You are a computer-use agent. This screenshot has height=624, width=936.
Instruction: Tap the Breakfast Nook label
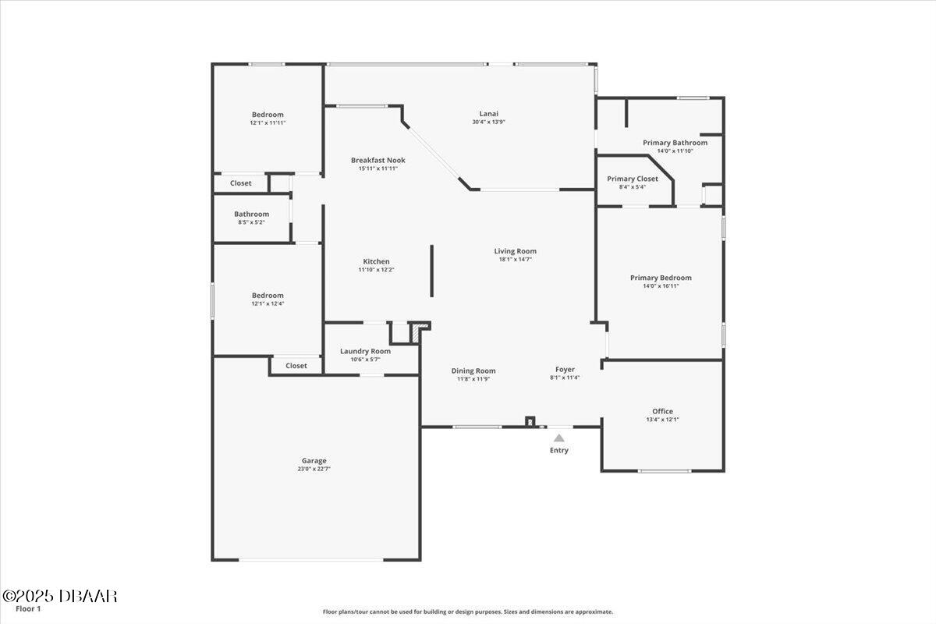tap(378, 160)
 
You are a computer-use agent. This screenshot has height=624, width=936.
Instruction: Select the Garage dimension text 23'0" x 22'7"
tap(314, 469)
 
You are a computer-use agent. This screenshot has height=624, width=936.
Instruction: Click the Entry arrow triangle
tap(559, 438)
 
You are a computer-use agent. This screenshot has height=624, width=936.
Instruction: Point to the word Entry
tap(559, 450)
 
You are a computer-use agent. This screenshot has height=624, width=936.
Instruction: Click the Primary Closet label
tap(633, 179)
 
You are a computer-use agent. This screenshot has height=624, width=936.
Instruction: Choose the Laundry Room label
tap(365, 351)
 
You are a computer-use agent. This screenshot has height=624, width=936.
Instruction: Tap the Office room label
tap(662, 411)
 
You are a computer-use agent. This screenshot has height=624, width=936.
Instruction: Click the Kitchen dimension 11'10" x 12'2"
tap(376, 270)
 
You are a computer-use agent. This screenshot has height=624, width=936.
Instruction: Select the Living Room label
tap(515, 251)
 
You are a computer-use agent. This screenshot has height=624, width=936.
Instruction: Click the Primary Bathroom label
tap(675, 143)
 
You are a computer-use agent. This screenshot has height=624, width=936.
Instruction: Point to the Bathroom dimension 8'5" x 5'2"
tap(251, 222)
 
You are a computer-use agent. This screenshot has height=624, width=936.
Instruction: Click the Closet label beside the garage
tap(296, 366)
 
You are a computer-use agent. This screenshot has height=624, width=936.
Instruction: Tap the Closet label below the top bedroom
tap(241, 183)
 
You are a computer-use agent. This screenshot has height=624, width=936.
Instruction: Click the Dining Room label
tap(473, 370)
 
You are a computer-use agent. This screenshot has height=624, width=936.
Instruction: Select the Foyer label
tap(565, 369)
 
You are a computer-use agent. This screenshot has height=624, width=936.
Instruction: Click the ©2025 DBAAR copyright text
tap(59, 596)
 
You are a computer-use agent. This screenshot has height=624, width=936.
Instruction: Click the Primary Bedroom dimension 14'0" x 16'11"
tap(661, 286)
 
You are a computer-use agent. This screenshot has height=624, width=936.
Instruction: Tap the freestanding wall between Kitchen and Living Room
tap(431, 271)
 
